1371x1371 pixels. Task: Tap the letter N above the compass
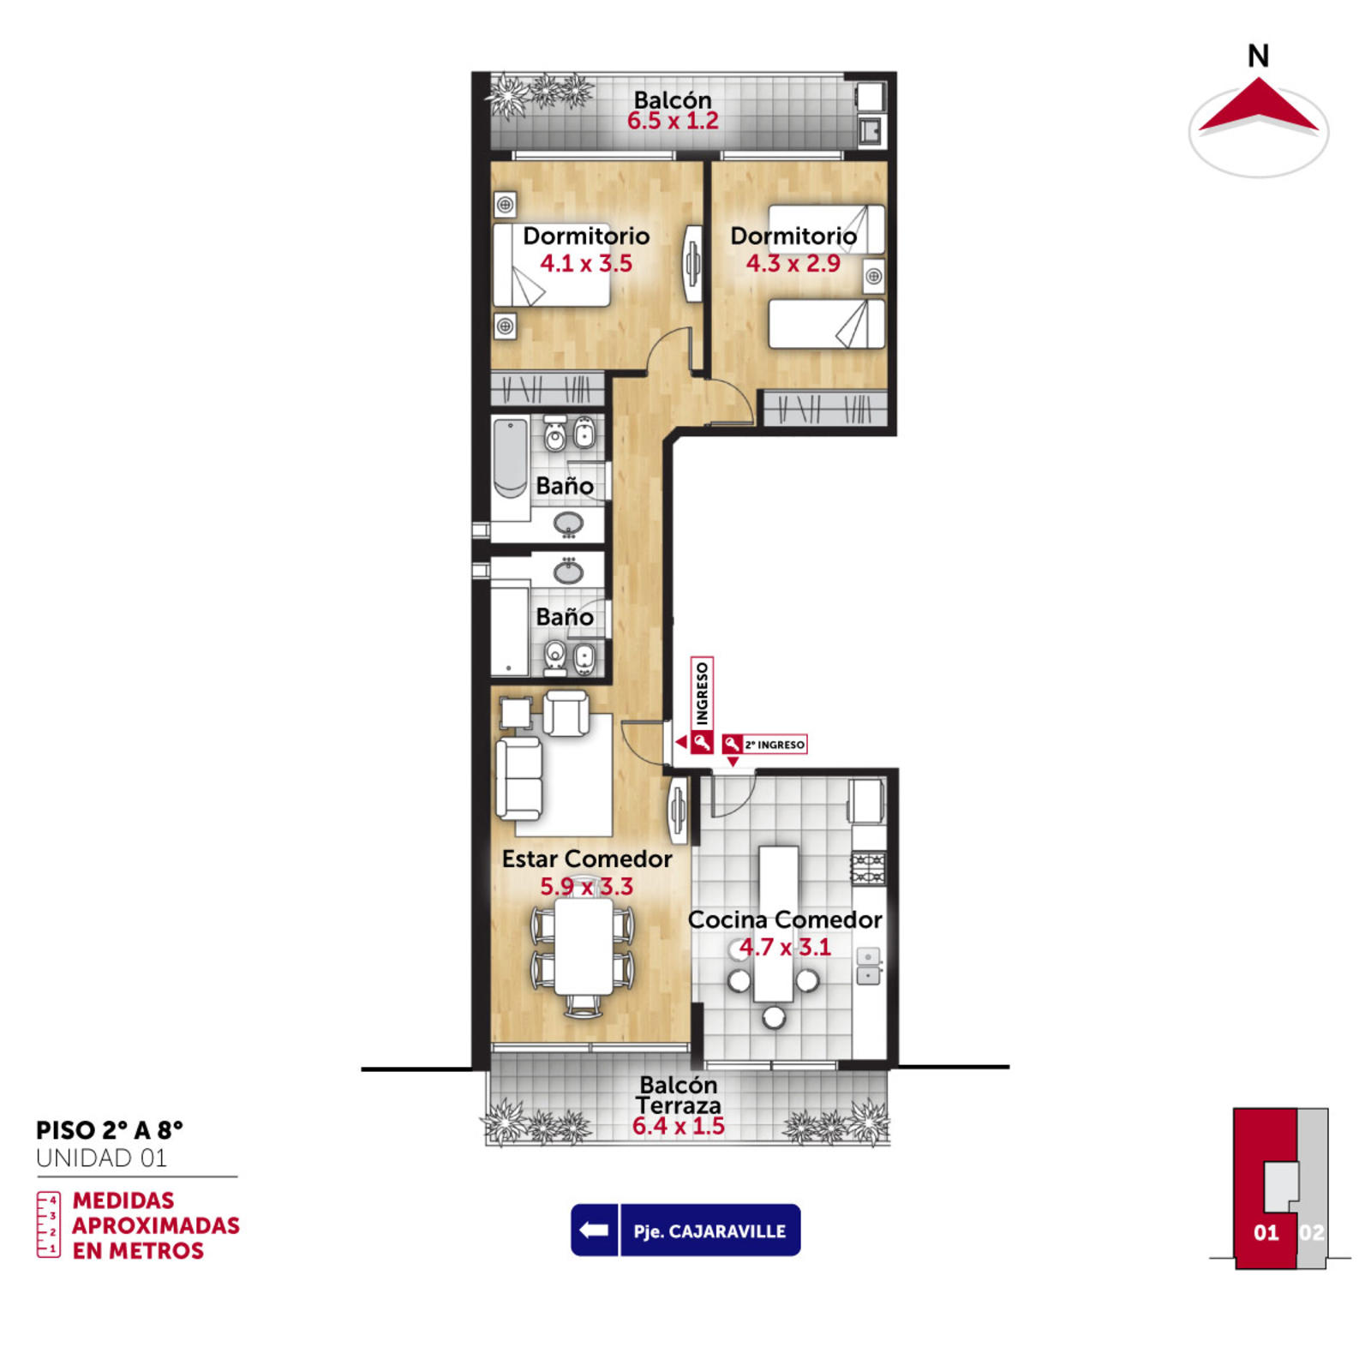pos(1258,56)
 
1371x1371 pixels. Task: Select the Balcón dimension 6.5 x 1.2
pos(673,121)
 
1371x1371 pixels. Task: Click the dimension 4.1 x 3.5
pos(586,263)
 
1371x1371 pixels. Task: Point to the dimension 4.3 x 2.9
pos(793,263)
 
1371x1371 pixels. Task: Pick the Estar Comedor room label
pos(587,859)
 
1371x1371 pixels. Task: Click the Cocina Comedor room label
pos(785,919)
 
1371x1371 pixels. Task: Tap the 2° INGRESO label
pos(774,745)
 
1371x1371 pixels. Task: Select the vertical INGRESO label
pos(702,693)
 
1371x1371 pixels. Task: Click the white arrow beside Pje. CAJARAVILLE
pos(594,1230)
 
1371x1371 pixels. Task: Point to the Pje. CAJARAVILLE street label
pos(709,1231)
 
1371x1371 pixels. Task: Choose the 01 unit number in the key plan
pos(1266,1232)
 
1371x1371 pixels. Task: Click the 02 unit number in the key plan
pos(1312,1232)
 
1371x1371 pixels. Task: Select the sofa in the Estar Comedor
pos(519,777)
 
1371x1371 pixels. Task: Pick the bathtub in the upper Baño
pos(511,458)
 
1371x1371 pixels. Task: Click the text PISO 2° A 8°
pos(110,1130)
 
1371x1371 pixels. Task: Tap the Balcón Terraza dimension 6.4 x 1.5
pos(679,1126)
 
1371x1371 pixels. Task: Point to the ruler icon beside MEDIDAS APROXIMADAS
pos(49,1224)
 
